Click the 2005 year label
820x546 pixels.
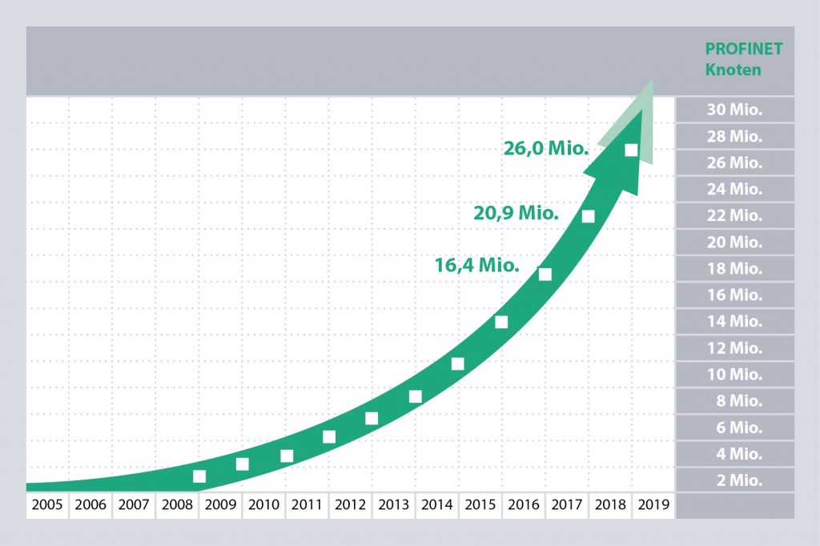[x=47, y=505]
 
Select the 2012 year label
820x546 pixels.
[x=350, y=505]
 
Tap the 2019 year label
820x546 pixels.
[x=653, y=505]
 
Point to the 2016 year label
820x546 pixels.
[x=523, y=505]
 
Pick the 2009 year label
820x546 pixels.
[x=220, y=505]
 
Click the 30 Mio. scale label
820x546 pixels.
[x=734, y=110]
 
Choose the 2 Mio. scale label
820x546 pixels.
[x=734, y=480]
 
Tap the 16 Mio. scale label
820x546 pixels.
[x=734, y=295]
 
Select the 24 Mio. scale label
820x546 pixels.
[x=734, y=189]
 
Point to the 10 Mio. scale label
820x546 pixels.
[x=734, y=374]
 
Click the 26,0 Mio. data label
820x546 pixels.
[x=547, y=148]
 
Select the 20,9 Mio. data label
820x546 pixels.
[x=516, y=213]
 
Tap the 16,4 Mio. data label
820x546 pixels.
[x=477, y=265]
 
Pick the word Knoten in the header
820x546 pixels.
[x=733, y=69]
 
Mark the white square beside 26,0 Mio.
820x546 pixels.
[x=631, y=150]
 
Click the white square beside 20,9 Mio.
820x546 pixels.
[x=589, y=215]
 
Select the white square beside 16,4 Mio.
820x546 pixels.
[x=545, y=274]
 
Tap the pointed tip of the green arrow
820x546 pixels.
[x=653, y=80]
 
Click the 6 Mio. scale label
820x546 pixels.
[x=734, y=428]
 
